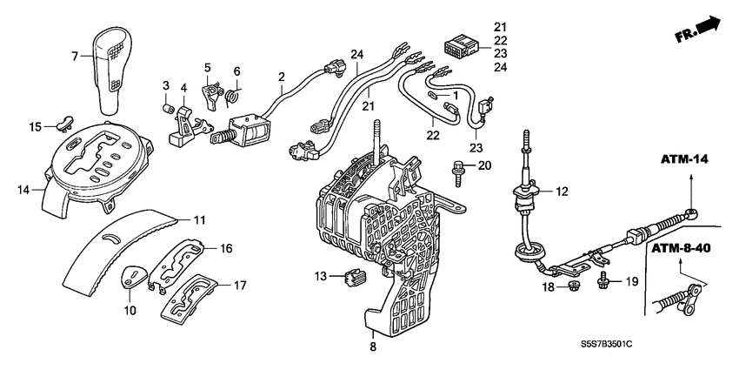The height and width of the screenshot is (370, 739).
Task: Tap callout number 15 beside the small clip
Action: click(x=36, y=127)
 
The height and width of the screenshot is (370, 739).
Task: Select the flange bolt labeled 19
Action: click(x=603, y=279)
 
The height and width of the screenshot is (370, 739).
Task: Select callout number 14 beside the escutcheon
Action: click(x=23, y=187)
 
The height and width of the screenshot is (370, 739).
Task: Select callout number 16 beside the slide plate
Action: click(x=225, y=248)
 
